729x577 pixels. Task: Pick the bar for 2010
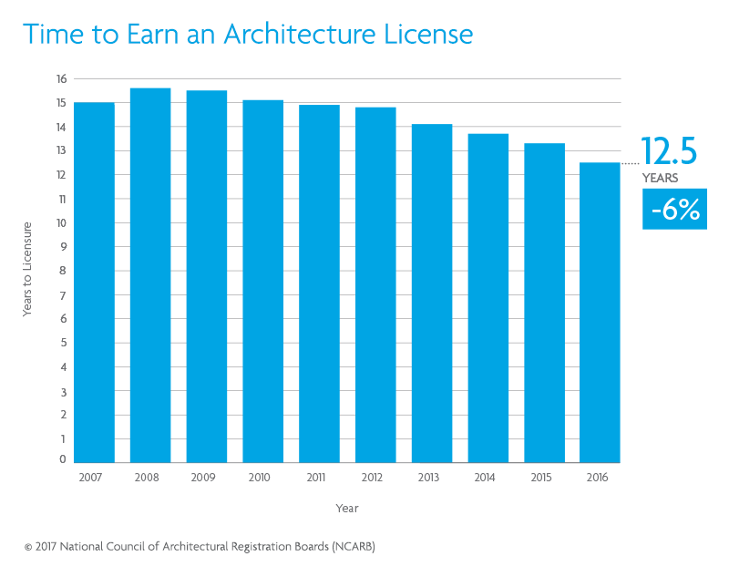262,282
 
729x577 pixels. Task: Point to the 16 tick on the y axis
60,79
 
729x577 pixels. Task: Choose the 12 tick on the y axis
60,175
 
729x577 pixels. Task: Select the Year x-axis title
346,508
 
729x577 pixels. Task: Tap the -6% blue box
674,210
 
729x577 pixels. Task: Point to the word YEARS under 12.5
660,179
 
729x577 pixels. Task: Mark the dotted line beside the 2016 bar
630,163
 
